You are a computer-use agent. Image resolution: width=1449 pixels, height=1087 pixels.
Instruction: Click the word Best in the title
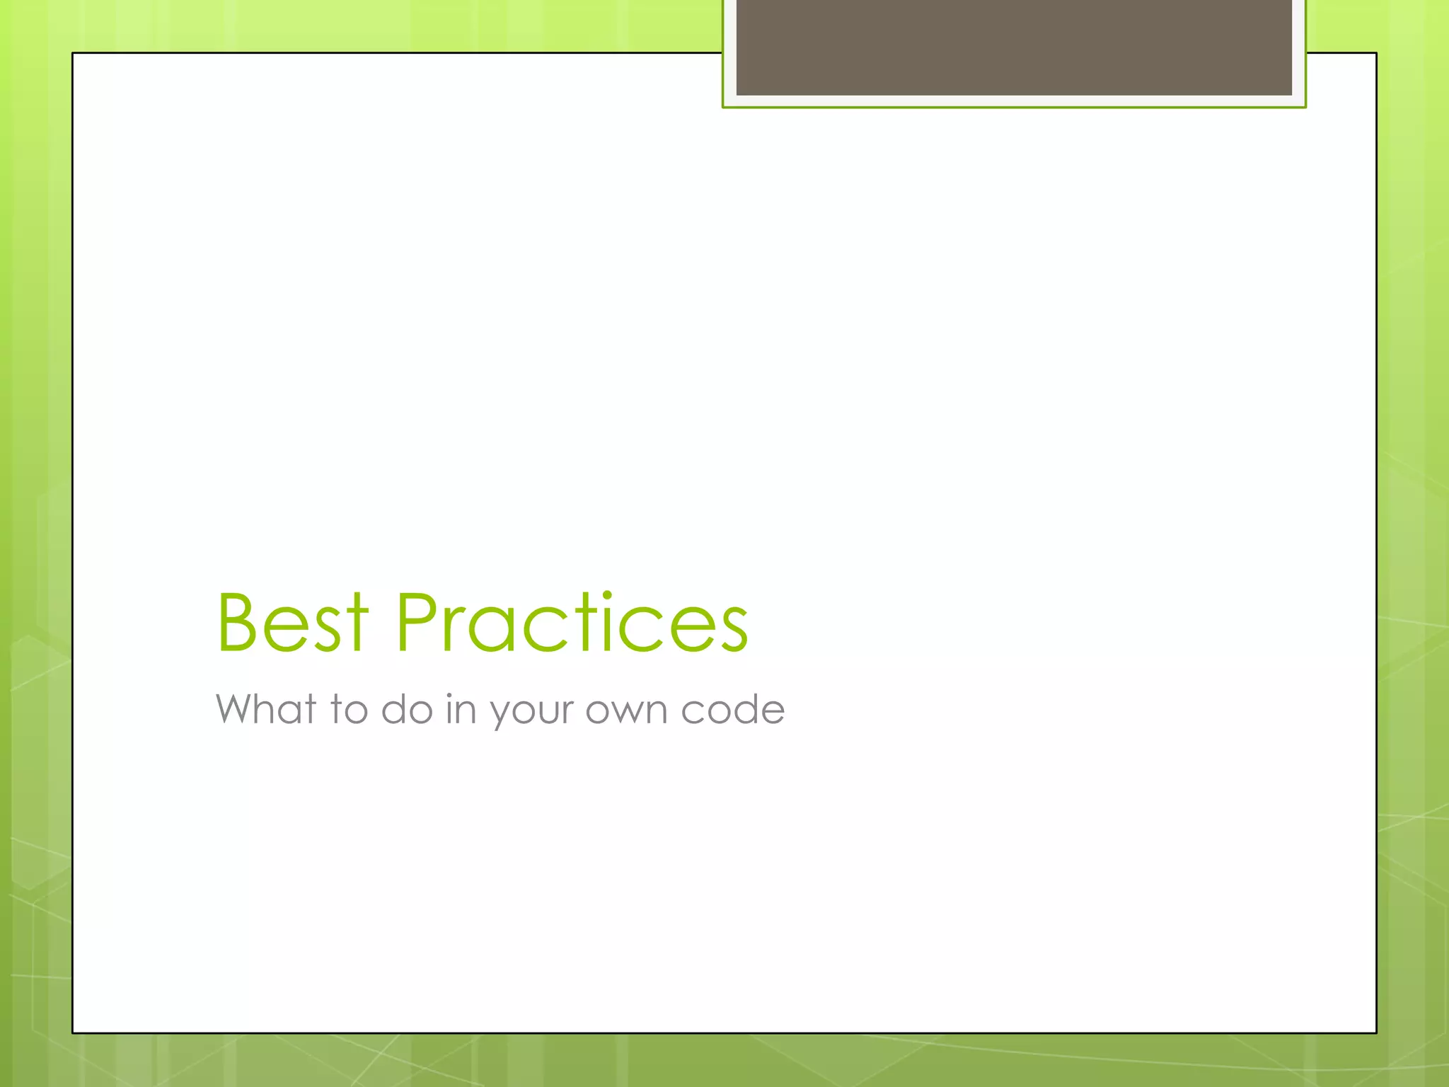[x=292, y=622]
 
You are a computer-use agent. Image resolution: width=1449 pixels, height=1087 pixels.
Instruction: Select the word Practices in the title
[x=572, y=622]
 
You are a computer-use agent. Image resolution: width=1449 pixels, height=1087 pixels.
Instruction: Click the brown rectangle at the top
[x=1014, y=47]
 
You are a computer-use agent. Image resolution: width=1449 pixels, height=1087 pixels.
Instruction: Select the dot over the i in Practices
[x=607, y=597]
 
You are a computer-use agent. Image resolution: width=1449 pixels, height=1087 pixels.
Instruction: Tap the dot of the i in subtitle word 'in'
[x=449, y=694]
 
